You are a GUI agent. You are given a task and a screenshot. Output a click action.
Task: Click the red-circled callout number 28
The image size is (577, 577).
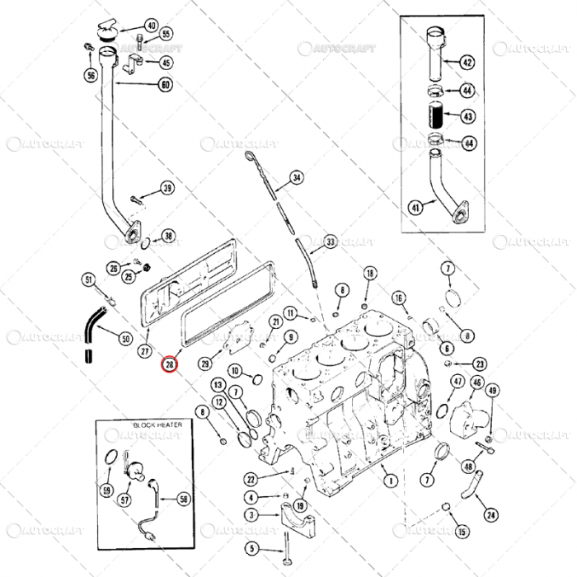(x=170, y=364)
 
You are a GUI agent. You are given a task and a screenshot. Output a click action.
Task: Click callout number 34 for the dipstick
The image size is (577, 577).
(x=297, y=178)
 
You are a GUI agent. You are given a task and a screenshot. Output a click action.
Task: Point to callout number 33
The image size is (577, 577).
(x=330, y=242)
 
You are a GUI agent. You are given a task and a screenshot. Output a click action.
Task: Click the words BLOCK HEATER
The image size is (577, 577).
(x=154, y=425)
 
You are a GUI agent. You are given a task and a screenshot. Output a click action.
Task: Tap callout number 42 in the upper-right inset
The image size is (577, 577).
(x=467, y=63)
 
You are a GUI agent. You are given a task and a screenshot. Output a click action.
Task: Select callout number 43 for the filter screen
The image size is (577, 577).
(x=467, y=116)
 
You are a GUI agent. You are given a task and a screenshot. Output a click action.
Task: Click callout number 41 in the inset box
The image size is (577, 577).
(x=415, y=207)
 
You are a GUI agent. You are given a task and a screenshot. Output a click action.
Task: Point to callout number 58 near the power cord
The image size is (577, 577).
(x=183, y=499)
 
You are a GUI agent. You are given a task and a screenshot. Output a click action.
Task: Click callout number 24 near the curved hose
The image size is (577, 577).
(x=491, y=515)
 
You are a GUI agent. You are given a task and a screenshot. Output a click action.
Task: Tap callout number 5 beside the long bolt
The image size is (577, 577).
(x=252, y=549)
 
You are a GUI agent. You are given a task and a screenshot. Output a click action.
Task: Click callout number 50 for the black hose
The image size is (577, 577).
(x=126, y=338)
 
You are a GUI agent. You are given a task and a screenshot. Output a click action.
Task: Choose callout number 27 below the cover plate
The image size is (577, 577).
(x=144, y=352)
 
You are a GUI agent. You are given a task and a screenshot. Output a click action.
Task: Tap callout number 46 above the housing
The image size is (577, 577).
(x=477, y=382)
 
